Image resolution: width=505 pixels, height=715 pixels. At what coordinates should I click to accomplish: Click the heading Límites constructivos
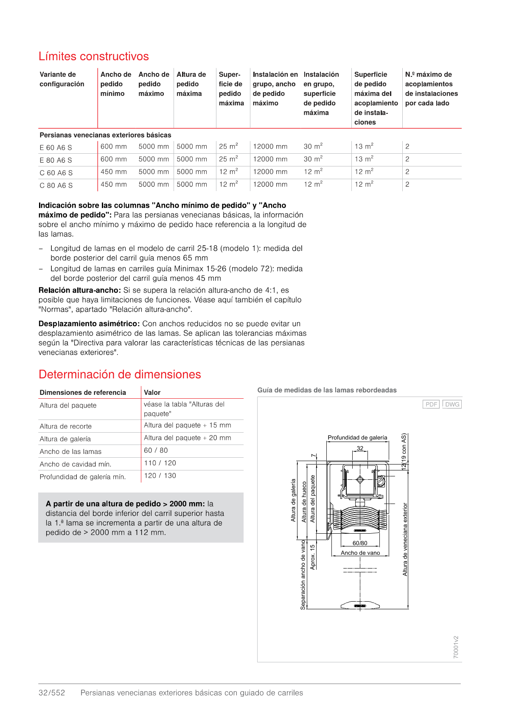point(93,56)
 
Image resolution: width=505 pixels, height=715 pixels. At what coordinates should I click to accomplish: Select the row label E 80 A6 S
point(56,160)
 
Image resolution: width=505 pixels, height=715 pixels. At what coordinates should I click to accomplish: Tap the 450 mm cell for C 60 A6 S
point(113,172)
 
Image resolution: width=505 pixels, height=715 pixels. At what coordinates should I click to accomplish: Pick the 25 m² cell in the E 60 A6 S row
point(228,146)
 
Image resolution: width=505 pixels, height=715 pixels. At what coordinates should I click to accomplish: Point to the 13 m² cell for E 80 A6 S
point(364,159)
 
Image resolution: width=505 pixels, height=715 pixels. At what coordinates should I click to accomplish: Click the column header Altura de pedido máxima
point(191,84)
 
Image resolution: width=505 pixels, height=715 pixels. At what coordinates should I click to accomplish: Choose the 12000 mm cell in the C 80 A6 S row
point(270,185)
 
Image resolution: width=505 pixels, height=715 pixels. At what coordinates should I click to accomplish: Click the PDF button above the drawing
point(431,404)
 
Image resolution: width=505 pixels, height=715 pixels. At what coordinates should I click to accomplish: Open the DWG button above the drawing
point(452,404)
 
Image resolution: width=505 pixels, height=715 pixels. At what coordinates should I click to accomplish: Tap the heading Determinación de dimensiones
point(120,374)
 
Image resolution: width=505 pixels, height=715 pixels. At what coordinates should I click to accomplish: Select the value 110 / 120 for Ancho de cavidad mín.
point(160,463)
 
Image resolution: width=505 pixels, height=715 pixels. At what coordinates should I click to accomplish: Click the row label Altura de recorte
point(65,426)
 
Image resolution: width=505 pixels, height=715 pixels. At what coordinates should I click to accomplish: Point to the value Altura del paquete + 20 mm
point(187,438)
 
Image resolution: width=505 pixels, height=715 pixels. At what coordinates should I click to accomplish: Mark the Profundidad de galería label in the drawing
point(357,438)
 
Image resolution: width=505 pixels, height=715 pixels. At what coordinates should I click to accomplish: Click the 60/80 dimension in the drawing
point(360,543)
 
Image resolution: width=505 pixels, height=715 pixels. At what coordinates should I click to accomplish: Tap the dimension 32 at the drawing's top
point(360,448)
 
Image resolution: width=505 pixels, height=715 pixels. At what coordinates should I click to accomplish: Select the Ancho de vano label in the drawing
point(360,553)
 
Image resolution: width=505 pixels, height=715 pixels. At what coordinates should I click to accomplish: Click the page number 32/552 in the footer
point(52,693)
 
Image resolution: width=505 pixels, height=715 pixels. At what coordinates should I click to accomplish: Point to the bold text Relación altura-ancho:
point(80,290)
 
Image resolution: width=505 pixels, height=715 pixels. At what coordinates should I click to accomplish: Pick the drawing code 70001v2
point(456,647)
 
